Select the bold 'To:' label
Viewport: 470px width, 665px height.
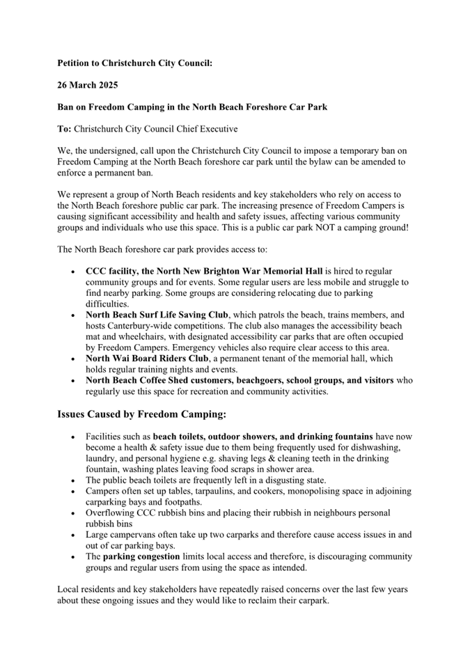point(64,129)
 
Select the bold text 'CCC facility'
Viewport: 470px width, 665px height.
point(114,271)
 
